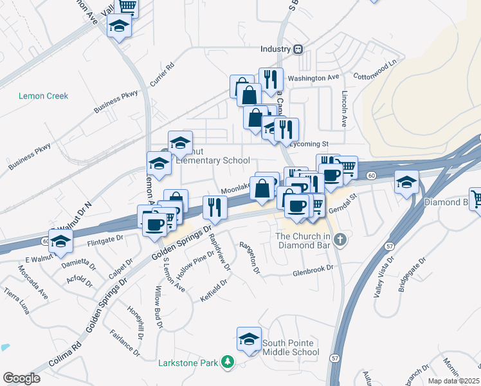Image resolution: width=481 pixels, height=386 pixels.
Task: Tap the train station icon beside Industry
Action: (298, 49)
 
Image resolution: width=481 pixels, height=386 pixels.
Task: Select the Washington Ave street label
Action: (313, 78)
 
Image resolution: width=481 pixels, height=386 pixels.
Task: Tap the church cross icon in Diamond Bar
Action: (341, 240)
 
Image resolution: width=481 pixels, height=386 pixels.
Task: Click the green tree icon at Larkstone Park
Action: (226, 363)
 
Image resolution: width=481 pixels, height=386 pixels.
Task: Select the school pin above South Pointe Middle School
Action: (249, 339)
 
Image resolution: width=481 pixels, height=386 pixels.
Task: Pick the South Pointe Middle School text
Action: (290, 347)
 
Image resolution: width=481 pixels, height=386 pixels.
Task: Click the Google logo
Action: (21, 378)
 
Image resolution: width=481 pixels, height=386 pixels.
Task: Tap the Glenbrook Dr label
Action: (313, 271)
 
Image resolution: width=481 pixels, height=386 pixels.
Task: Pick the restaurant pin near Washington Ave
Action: (271, 80)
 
